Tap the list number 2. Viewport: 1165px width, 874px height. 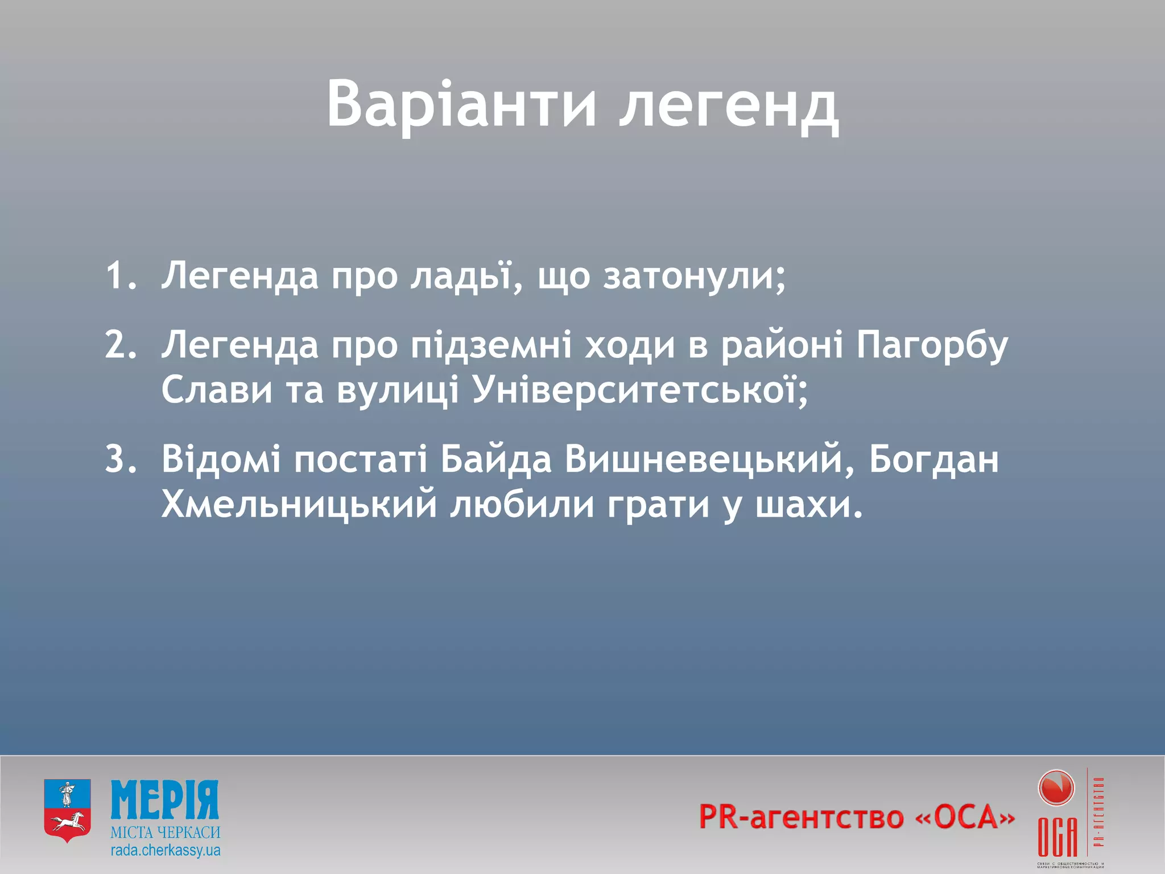click(x=121, y=345)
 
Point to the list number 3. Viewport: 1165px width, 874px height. click(x=121, y=459)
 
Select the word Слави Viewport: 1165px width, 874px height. click(x=217, y=391)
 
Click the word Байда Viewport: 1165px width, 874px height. click(x=495, y=459)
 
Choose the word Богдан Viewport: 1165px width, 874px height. click(x=933, y=459)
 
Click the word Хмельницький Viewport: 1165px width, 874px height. click(x=299, y=505)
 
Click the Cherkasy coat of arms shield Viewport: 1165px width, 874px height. click(x=68, y=811)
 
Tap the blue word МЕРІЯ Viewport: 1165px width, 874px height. click(x=165, y=800)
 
